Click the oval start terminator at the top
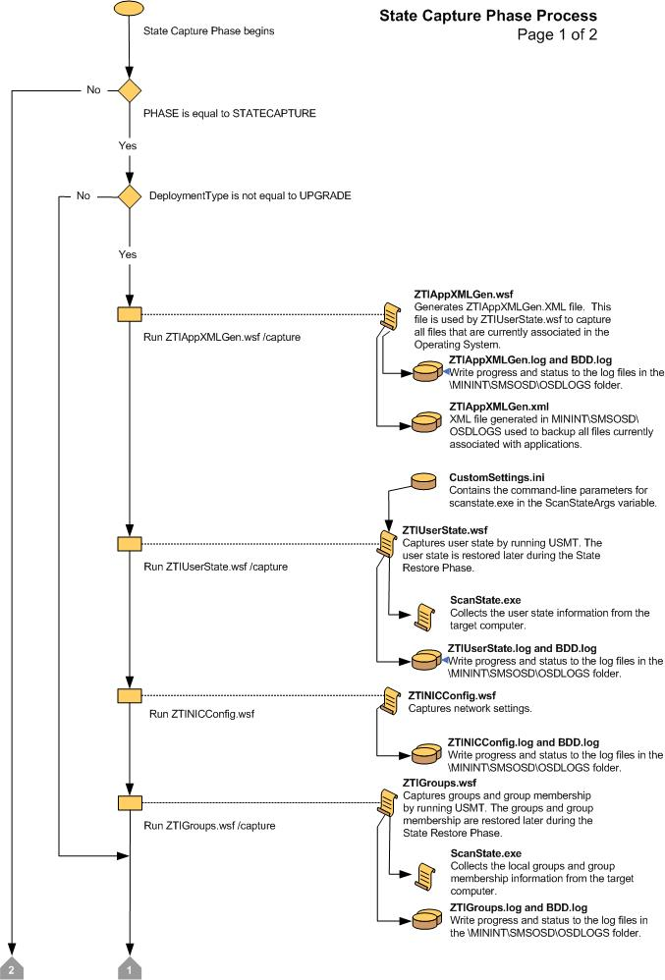click(x=130, y=8)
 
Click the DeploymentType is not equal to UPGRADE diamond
click(x=130, y=196)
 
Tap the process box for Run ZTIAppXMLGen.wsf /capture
click(x=130, y=314)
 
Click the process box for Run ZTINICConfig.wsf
click(x=130, y=695)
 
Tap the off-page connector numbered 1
click(x=130, y=967)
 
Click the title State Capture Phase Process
click(x=487, y=17)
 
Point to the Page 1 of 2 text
click(x=557, y=35)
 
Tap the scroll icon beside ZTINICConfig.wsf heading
click(x=393, y=701)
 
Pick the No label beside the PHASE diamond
click(x=93, y=89)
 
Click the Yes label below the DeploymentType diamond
click(x=129, y=253)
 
